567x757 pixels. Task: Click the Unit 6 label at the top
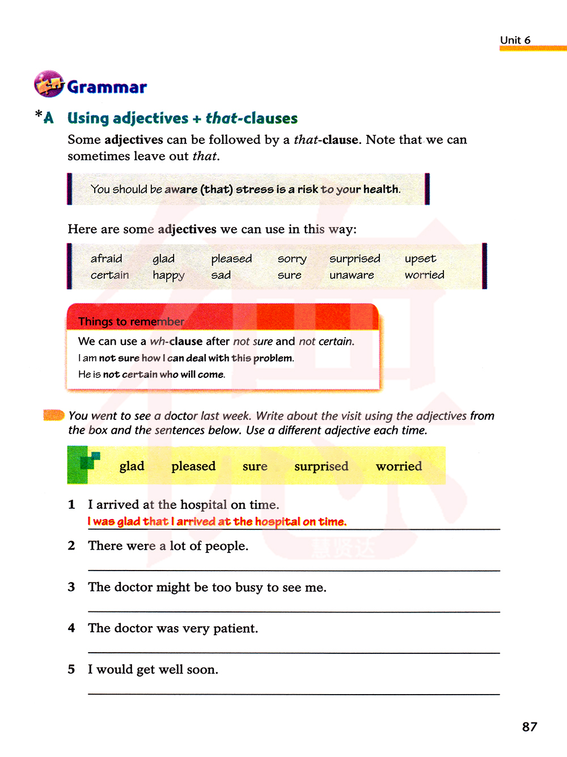point(515,40)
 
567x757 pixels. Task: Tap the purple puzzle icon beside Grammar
point(49,84)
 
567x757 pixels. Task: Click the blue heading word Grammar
point(107,87)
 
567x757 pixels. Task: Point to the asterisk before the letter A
point(39,114)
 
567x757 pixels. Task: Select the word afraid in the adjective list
point(106,259)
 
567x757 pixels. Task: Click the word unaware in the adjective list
point(352,275)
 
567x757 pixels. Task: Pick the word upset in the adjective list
point(420,259)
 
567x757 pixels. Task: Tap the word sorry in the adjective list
point(292,260)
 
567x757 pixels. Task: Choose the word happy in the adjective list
point(168,276)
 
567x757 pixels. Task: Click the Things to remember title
point(131,322)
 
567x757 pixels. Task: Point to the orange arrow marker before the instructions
point(54,415)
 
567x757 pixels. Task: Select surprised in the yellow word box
point(321,466)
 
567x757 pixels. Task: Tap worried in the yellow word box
point(399,466)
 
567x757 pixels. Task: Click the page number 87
point(529,727)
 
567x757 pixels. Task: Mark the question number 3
point(71,587)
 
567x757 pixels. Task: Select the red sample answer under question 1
point(217,521)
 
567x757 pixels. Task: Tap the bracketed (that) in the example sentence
point(217,189)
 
